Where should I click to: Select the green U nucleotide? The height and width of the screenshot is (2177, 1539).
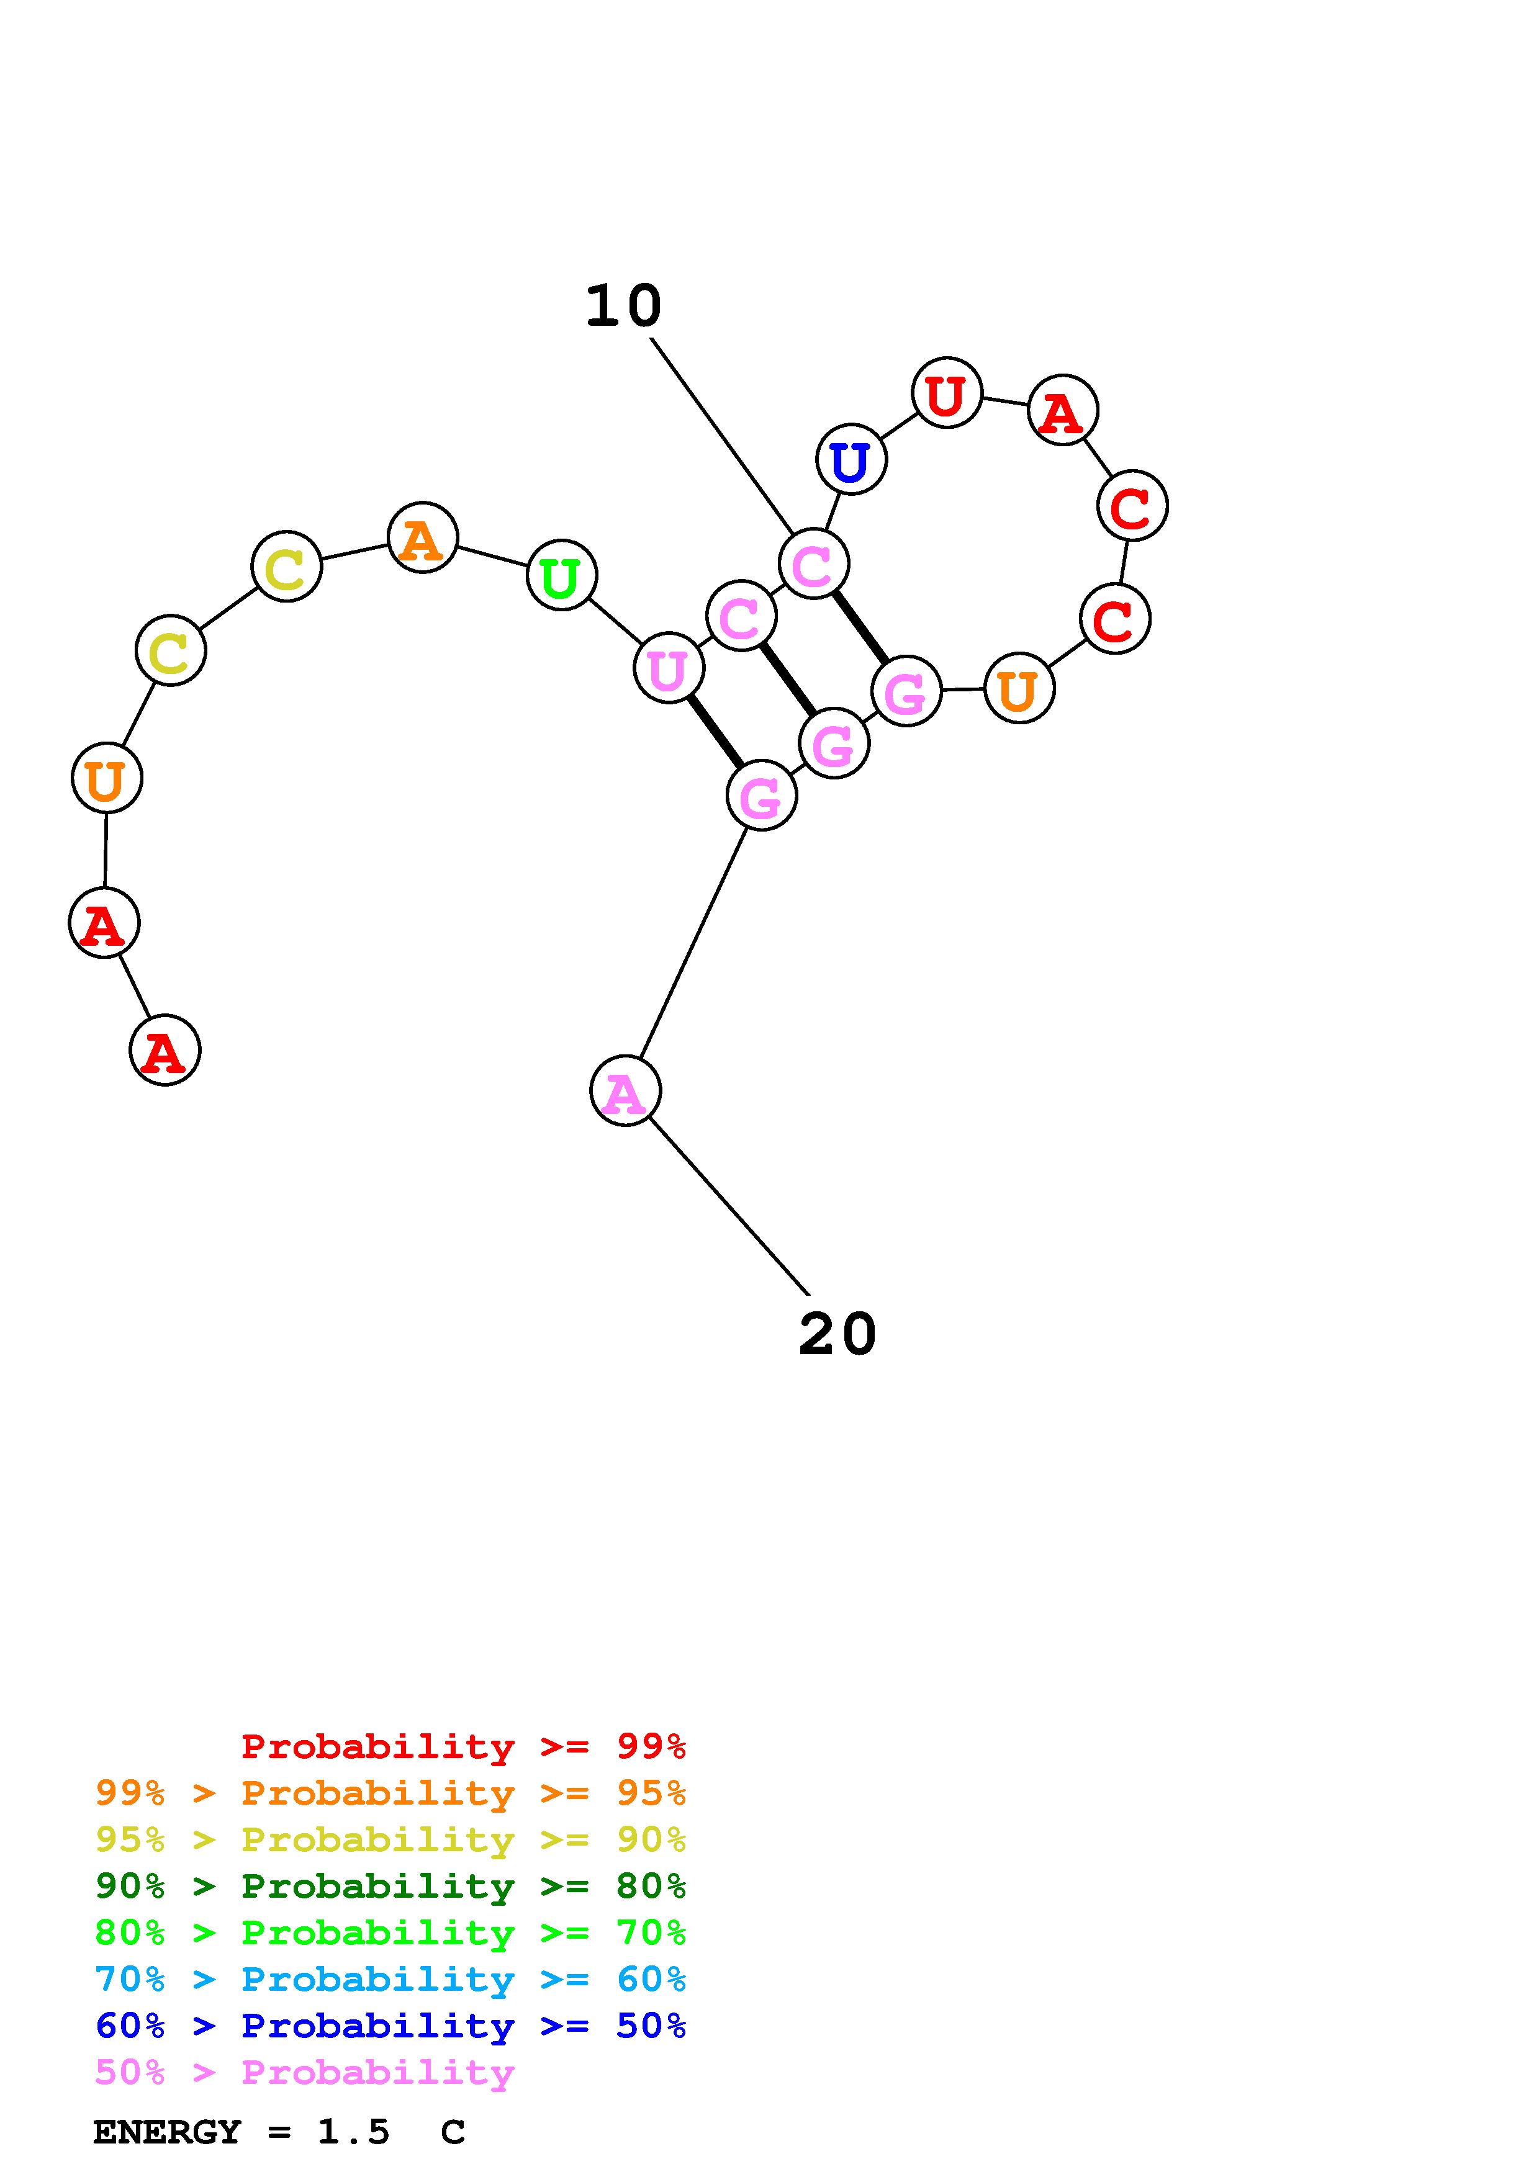click(561, 575)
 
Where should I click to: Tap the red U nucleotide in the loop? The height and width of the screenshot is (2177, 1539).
click(946, 393)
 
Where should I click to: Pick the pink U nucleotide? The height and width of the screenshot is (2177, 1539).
click(669, 668)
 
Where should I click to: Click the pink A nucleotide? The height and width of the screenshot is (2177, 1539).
click(625, 1092)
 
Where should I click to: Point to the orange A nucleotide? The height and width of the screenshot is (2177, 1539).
click(423, 537)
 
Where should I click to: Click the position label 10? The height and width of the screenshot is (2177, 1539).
click(623, 307)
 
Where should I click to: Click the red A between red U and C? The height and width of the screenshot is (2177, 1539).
click(1062, 411)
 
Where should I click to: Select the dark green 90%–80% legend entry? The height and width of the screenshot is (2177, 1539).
click(390, 1886)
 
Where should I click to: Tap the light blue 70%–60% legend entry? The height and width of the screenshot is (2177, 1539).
click(390, 1979)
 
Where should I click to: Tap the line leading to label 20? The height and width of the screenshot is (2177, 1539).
click(728, 1206)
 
